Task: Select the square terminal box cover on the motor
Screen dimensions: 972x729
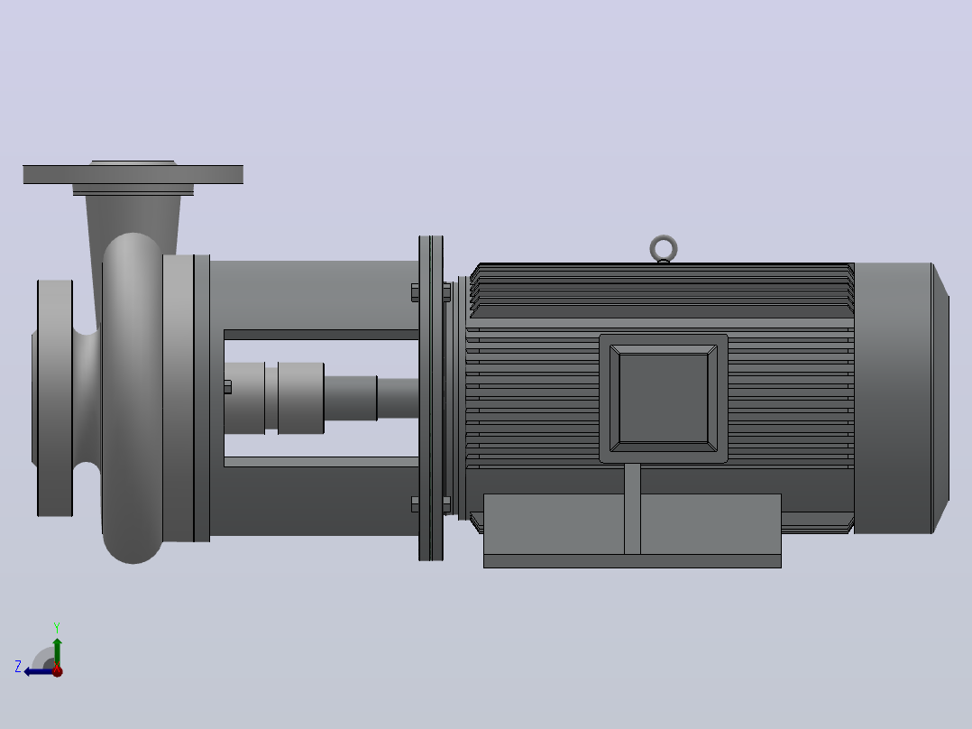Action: coord(664,398)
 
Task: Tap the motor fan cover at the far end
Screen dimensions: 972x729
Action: coord(902,398)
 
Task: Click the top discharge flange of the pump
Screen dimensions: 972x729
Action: coord(133,174)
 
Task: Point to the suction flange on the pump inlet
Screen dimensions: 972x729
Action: coord(54,398)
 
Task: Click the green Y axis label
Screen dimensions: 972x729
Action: coord(57,627)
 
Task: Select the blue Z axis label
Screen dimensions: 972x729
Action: coord(18,667)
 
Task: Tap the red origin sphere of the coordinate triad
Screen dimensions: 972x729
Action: coord(57,670)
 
